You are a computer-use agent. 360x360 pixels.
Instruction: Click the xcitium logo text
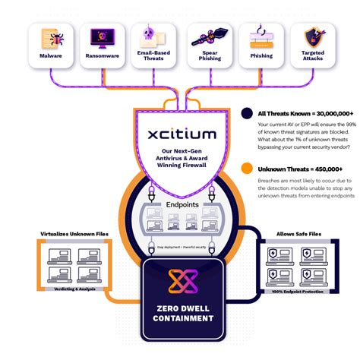(182, 134)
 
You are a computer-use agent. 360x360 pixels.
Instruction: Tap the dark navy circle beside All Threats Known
(247, 114)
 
